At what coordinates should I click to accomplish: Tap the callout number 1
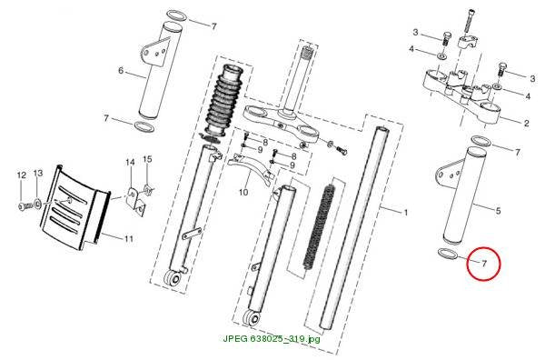[404, 212]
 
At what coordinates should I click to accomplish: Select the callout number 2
[526, 123]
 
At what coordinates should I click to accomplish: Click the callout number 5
[498, 210]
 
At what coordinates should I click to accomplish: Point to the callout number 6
[121, 71]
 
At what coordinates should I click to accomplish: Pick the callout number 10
[243, 192]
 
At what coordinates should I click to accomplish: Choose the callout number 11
[129, 238]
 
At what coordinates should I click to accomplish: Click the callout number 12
[22, 175]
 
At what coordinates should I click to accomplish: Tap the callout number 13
[38, 173]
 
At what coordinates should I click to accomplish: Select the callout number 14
[130, 162]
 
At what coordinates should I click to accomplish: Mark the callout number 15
[147, 159]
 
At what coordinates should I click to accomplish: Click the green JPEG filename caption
[272, 338]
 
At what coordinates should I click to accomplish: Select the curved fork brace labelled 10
[251, 169]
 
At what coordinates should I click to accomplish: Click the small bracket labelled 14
[135, 202]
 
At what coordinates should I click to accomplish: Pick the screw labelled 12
[25, 206]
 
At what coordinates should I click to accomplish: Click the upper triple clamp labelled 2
[461, 97]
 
